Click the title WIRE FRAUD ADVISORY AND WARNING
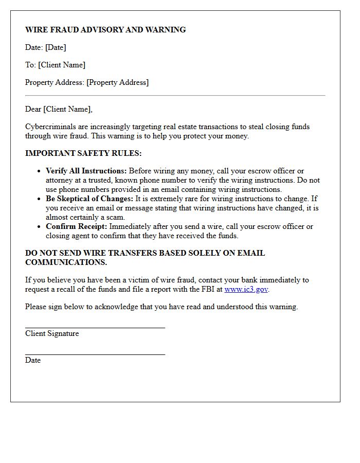coord(105,30)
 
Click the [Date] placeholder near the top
coord(56,47)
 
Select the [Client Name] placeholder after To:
coord(62,65)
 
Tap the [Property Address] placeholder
coord(117,82)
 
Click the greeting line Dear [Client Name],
coord(59,109)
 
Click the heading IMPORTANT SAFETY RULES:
coord(83,153)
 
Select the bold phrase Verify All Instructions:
coord(86,171)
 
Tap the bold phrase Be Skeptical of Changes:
coord(89,199)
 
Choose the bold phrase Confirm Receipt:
coord(76,226)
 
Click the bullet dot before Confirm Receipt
coord(39,227)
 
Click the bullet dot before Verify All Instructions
coord(39,171)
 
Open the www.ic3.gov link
coord(246,289)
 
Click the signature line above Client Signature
coord(95,327)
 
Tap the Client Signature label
coord(52,333)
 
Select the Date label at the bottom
coord(33,360)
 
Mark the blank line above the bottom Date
coord(95,354)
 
